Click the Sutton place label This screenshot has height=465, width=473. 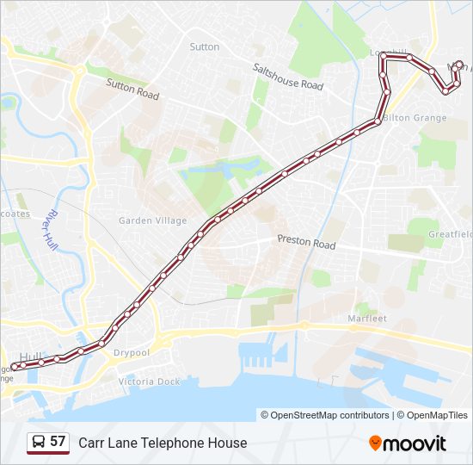205,46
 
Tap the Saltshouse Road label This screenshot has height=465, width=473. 287,77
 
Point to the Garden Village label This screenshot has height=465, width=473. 152,220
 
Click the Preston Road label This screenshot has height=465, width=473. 306,244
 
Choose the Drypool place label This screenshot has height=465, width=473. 133,352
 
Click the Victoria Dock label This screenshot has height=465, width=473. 150,381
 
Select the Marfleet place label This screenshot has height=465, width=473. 367,318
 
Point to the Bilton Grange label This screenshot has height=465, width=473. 415,117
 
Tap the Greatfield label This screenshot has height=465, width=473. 451,233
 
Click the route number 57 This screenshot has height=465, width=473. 58,442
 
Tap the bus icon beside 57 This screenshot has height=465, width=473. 39,442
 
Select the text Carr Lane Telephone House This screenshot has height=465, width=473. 163,443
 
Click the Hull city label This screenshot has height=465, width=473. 30,356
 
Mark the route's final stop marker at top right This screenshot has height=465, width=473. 459,65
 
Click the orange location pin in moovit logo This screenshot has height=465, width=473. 375,443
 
